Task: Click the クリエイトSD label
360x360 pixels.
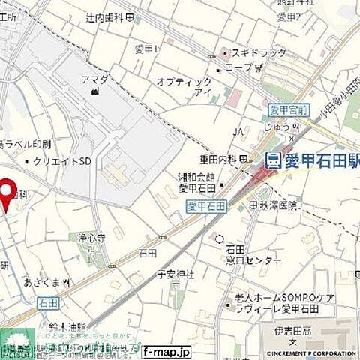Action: click(62, 160)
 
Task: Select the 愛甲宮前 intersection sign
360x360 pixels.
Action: click(289, 110)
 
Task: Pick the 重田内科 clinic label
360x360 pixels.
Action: click(218, 159)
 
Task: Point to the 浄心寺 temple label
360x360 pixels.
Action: click(94, 238)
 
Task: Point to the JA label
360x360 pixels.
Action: click(238, 132)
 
